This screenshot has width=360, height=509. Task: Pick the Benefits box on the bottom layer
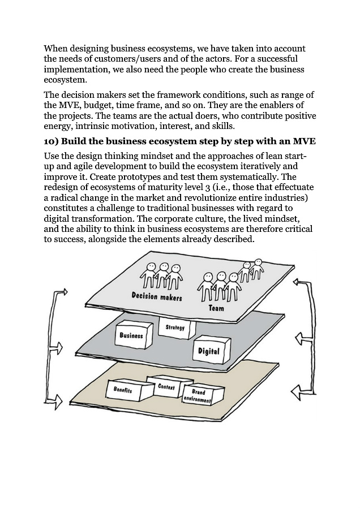(x=123, y=390)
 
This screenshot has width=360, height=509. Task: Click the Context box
(x=166, y=387)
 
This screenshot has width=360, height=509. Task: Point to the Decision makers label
(x=157, y=296)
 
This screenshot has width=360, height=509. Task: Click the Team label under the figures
(x=216, y=308)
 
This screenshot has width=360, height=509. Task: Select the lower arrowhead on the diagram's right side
(x=296, y=390)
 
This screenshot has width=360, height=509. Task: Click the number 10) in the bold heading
(x=54, y=141)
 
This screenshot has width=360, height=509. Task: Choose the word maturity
(x=153, y=187)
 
